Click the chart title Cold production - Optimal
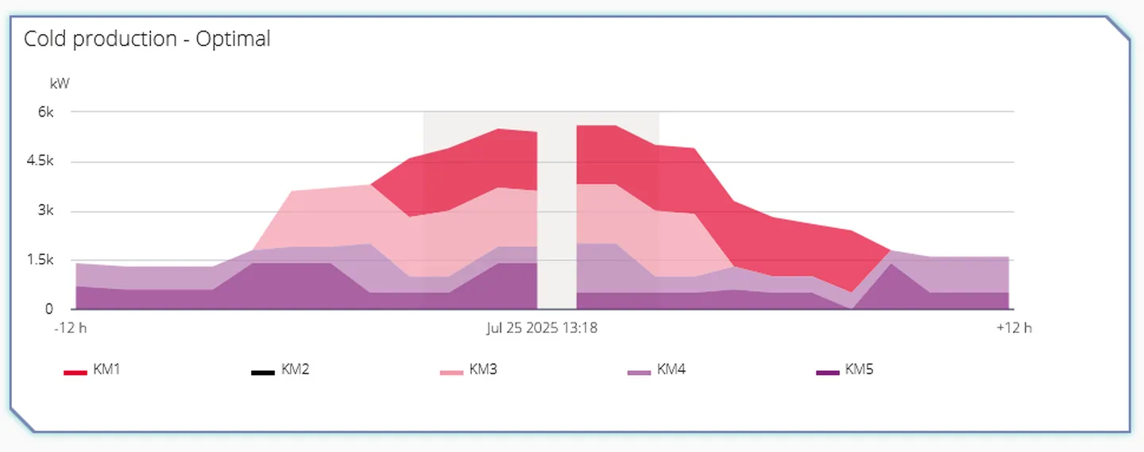(x=147, y=38)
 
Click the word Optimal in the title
(x=234, y=38)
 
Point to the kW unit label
(x=60, y=83)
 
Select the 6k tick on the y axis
(x=45, y=112)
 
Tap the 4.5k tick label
(x=39, y=161)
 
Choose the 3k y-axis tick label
(x=45, y=211)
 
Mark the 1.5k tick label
(x=39, y=260)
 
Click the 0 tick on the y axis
(x=49, y=309)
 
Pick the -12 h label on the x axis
(x=71, y=327)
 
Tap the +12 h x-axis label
(x=1014, y=327)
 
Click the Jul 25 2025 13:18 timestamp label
(x=542, y=327)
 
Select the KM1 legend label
(x=106, y=369)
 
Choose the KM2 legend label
(x=295, y=369)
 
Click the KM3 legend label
(x=483, y=369)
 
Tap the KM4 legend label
(x=671, y=369)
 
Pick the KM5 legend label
(x=859, y=369)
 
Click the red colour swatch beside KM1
(x=75, y=372)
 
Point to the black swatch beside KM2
(x=263, y=372)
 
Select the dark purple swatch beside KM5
(x=827, y=372)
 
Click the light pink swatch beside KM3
(x=451, y=372)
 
